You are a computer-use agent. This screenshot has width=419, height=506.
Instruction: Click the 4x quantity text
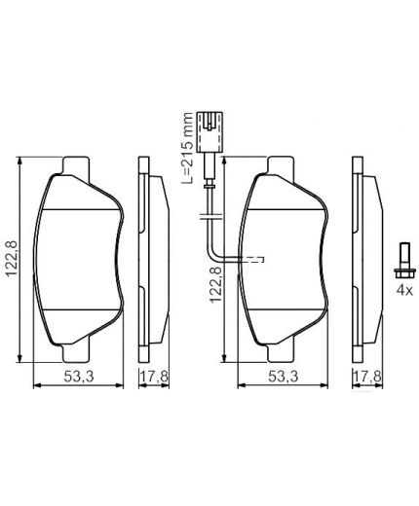(401, 290)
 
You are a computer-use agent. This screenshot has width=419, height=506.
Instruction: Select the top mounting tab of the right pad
(284, 166)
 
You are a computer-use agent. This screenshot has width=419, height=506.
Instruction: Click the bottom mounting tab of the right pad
(284, 340)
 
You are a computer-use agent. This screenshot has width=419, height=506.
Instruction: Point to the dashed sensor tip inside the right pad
(256, 259)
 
